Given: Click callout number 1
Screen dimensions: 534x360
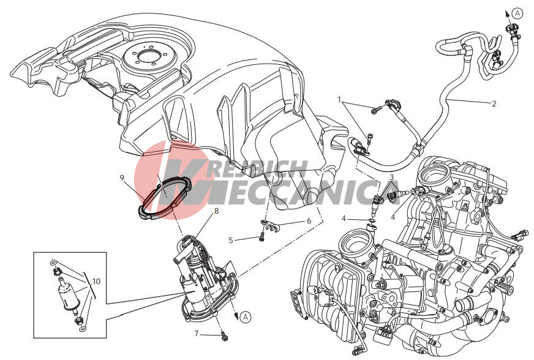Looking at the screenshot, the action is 339,99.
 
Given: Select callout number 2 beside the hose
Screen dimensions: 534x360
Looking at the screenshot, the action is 494,104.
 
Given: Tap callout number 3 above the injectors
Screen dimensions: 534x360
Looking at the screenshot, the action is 392,177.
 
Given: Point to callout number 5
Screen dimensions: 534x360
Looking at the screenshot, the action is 230,240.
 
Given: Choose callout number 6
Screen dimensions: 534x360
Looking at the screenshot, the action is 309,220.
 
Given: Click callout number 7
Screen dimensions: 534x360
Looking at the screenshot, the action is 196,334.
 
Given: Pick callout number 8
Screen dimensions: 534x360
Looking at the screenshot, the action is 216,211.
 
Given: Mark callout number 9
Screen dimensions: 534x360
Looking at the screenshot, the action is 122,178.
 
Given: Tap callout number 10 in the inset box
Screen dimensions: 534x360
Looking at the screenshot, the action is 96,282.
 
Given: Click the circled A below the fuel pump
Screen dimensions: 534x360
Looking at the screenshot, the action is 245,317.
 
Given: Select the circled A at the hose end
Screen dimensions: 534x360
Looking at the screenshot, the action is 517,13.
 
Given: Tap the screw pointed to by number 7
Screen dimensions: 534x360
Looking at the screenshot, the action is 224,336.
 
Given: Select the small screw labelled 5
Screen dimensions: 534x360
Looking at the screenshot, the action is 261,237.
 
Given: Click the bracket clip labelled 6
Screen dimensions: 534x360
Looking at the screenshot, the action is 269,225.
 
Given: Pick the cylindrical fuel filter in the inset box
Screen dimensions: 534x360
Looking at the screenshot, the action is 69,294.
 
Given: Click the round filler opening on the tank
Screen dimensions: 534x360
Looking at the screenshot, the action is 147,56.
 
